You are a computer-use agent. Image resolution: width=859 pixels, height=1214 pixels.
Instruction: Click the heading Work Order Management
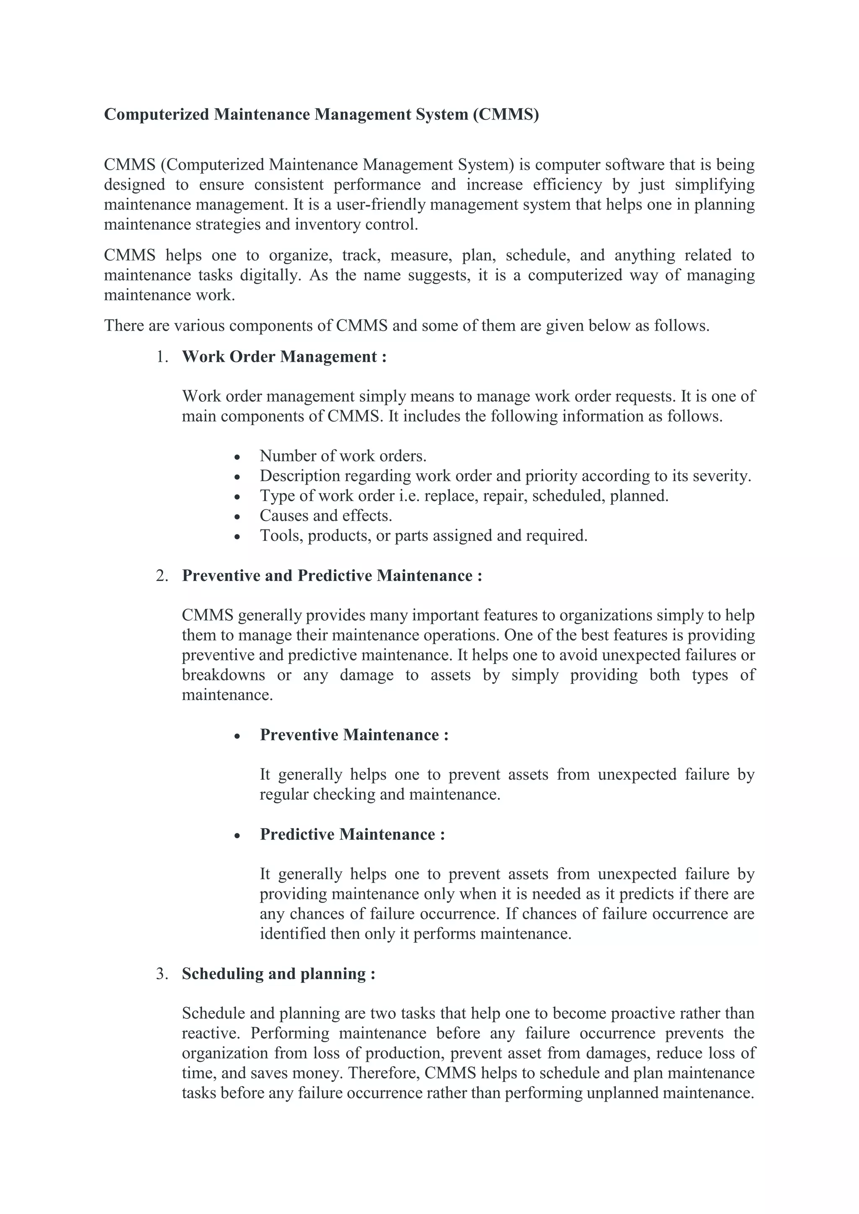pos(284,357)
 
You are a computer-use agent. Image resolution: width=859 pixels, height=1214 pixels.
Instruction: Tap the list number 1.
pos(161,357)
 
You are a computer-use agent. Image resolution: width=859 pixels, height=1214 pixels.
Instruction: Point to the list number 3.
pos(161,974)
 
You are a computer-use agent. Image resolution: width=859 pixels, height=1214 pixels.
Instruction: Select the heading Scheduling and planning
pos(278,974)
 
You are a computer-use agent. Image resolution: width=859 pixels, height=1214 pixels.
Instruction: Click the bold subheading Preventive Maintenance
pos(354,735)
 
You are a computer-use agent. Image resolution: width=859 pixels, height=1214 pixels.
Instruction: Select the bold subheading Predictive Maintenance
pos(352,834)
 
